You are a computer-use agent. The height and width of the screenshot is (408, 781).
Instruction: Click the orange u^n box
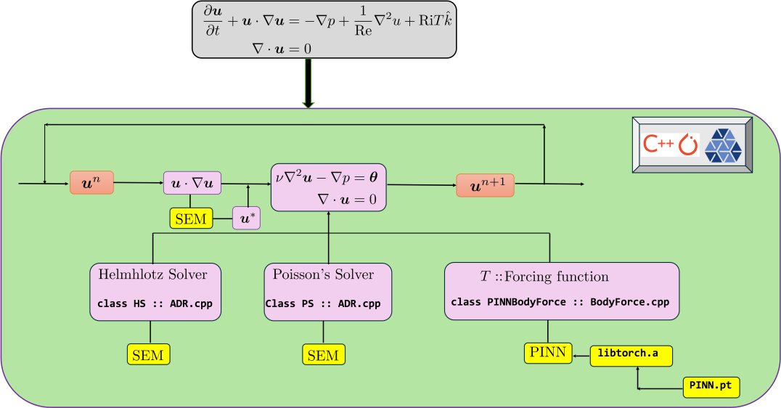tap(92, 183)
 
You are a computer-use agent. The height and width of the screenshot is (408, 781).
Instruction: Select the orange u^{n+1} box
tap(485, 186)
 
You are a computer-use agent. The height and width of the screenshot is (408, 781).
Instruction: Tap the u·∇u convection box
tap(192, 183)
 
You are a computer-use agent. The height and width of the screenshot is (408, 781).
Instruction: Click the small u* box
tap(245, 218)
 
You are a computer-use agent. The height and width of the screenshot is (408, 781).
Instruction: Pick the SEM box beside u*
tap(191, 218)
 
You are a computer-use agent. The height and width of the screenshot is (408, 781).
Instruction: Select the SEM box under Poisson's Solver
tap(323, 354)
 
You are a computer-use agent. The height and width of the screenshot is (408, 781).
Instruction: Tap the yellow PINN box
tap(547, 353)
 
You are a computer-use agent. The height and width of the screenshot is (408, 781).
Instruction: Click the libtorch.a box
tap(631, 354)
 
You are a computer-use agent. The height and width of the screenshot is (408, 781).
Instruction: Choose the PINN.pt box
tap(711, 386)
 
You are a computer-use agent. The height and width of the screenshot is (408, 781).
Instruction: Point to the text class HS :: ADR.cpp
tap(155, 303)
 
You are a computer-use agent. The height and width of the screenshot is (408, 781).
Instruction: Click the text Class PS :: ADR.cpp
tap(322, 303)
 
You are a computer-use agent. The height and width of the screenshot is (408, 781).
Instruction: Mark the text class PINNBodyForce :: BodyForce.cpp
tap(560, 302)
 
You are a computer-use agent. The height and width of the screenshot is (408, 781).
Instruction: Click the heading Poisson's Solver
tap(323, 274)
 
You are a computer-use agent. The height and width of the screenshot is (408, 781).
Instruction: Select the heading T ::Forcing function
tap(544, 277)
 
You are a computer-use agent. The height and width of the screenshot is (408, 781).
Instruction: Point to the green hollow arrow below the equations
tap(308, 83)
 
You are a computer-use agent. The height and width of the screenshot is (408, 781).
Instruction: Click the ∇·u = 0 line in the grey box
tap(282, 48)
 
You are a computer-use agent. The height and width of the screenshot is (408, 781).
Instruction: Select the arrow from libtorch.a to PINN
tap(580, 356)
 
